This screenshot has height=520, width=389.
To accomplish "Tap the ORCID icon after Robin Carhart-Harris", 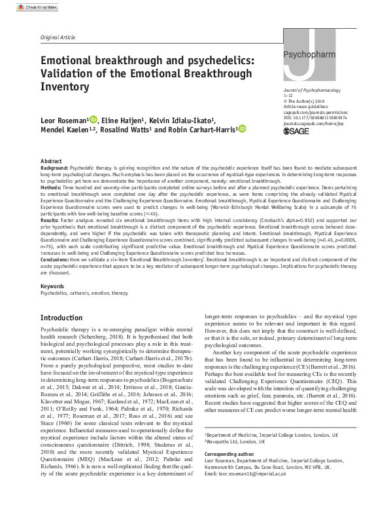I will click(241, 130).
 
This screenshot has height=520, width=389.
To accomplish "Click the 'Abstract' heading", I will click(51, 160).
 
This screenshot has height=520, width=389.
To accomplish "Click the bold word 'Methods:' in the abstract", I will click(52, 187).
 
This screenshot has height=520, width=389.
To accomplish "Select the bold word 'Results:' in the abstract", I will click(50, 222).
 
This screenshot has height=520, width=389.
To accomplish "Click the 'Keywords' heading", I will click(52, 287).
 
